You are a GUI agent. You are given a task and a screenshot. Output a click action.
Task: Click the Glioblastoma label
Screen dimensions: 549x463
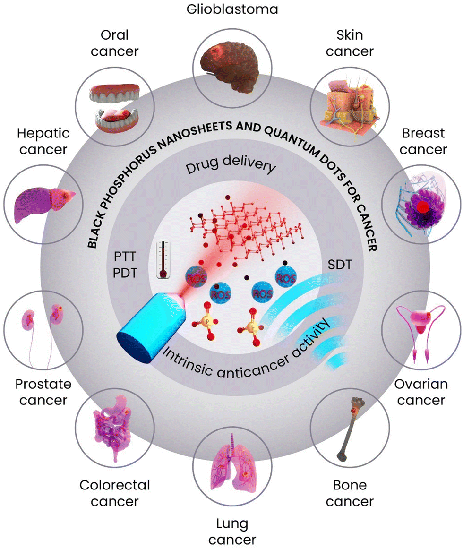pos(231,9)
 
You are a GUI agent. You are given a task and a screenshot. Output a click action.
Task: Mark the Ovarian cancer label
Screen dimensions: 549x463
pos(420,392)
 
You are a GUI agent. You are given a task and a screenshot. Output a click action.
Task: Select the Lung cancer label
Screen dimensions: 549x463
pos(231,530)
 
